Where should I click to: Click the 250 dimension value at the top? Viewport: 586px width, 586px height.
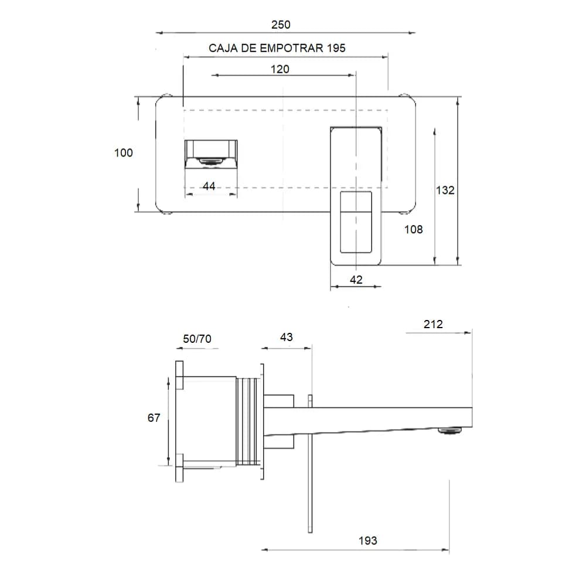pos(281,25)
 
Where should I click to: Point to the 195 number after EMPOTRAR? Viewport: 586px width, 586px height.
pos(336,48)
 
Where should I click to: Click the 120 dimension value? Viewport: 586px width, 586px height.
pos(280,69)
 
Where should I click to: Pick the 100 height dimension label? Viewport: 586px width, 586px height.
pos(123,153)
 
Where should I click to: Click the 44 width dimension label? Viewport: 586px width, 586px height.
pos(209,186)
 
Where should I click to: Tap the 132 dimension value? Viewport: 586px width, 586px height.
pos(445,190)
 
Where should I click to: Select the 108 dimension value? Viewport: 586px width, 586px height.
pos(413,230)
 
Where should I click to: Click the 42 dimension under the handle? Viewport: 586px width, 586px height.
pos(356,280)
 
